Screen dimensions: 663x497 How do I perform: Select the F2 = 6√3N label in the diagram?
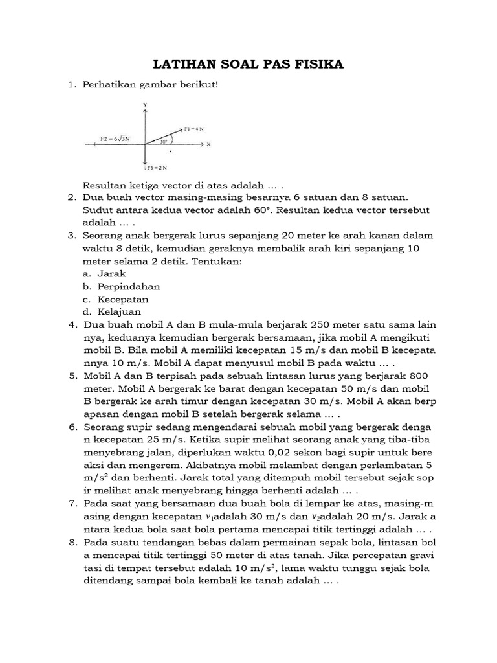[x=115, y=139]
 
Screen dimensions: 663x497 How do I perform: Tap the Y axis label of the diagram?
[x=146, y=104]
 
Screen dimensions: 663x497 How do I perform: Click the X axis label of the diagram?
[x=209, y=145]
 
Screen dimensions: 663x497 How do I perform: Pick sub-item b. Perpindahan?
[x=122, y=286]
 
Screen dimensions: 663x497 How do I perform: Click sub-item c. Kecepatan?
[x=116, y=299]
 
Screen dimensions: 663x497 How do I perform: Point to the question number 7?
[x=72, y=504]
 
